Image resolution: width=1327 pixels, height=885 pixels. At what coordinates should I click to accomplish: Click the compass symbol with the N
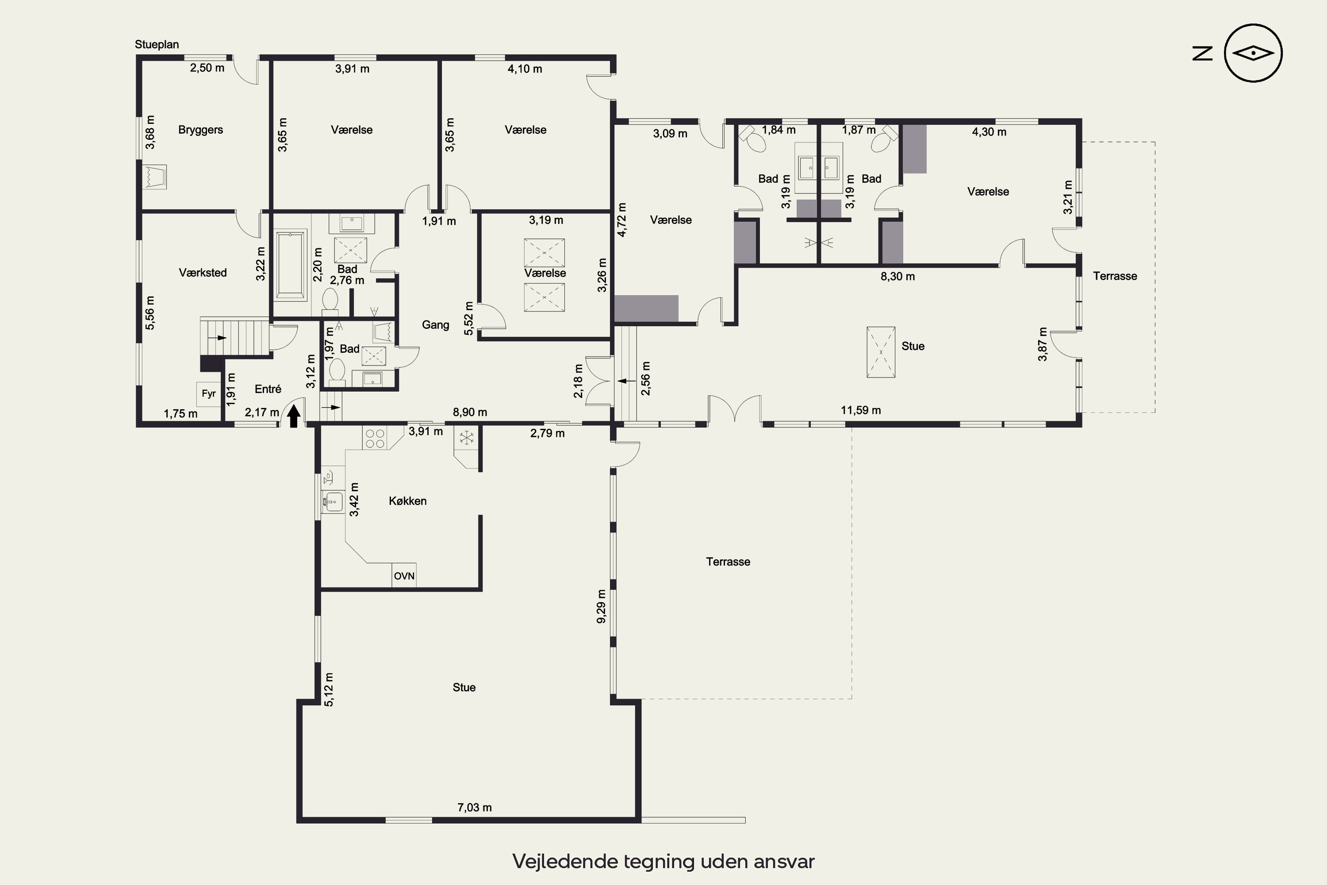[x=1253, y=53]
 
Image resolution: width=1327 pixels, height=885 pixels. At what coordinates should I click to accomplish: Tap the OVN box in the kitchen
[x=404, y=576]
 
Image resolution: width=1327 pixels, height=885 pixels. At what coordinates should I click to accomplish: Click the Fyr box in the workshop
[x=209, y=393]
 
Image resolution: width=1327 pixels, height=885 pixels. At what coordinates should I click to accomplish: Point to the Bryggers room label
[x=200, y=130]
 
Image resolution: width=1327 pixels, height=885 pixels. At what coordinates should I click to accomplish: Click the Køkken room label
[x=407, y=500]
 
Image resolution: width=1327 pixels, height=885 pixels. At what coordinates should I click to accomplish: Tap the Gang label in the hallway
[x=436, y=324]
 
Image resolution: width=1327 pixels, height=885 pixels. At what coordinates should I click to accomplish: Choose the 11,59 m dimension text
[x=860, y=410]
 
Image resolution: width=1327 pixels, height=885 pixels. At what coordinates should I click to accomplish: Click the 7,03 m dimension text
[x=475, y=808]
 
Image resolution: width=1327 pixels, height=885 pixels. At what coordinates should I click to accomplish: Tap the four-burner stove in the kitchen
[x=375, y=439]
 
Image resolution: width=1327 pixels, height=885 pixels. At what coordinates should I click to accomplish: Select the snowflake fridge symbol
[x=466, y=436]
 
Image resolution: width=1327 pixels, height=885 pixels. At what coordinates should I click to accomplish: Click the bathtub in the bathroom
[x=290, y=264]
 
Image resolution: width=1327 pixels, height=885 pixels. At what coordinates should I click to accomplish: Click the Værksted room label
[x=203, y=273]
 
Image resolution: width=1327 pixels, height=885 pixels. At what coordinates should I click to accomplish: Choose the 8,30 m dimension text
[x=897, y=277]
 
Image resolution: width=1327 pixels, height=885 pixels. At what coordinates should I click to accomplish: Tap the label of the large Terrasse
[x=728, y=562]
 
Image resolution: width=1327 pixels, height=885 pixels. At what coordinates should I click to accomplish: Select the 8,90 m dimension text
[x=470, y=412]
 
